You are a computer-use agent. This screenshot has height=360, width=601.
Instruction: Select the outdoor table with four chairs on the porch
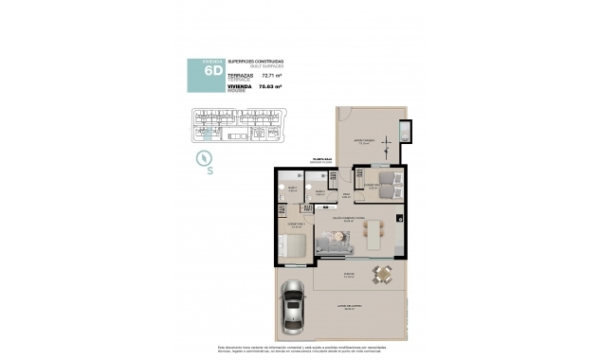[x=382, y=276]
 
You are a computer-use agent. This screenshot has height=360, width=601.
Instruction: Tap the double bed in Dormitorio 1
[x=293, y=247]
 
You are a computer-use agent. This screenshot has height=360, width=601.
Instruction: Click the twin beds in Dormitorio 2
[x=374, y=179]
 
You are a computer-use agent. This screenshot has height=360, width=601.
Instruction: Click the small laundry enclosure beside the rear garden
[x=406, y=131]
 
